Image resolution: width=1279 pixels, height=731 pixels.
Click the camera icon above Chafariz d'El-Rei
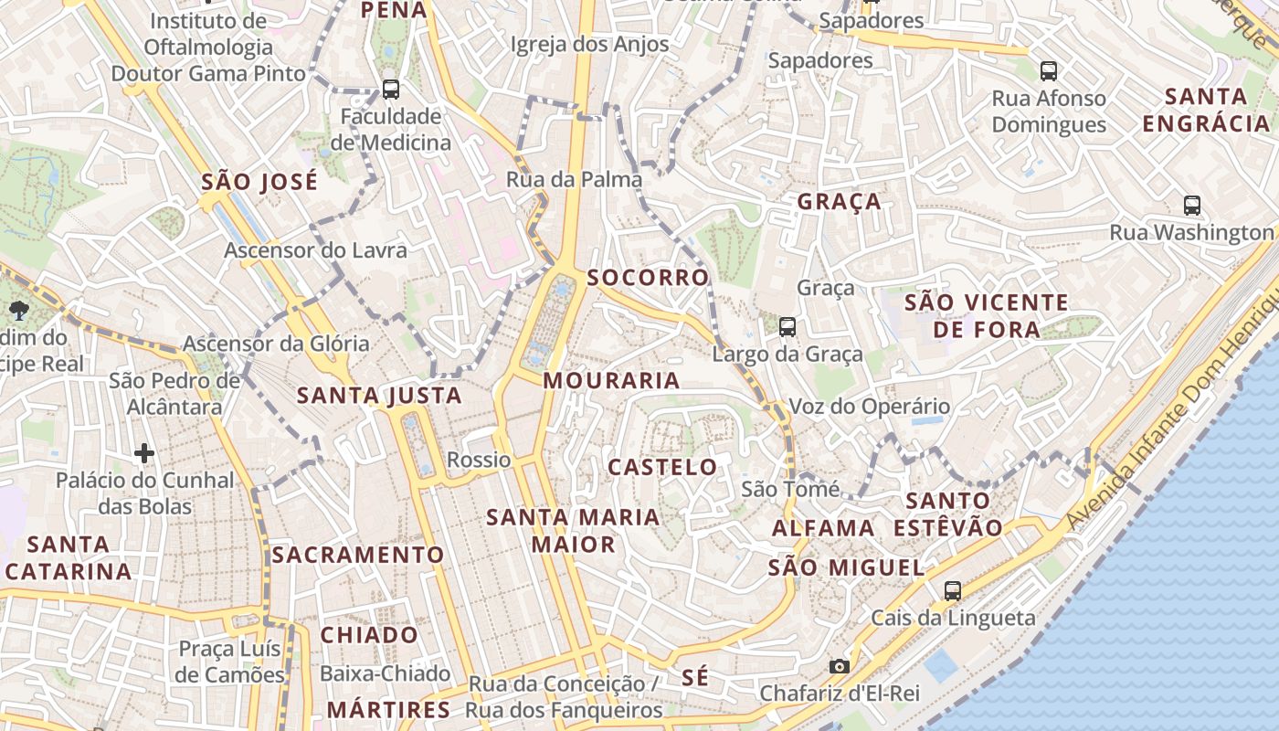(x=840, y=666)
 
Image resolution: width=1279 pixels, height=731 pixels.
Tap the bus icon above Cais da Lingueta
(x=953, y=590)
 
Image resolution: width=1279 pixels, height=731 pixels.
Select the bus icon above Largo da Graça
(x=787, y=326)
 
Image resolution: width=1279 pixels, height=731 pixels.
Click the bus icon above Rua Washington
(x=1191, y=205)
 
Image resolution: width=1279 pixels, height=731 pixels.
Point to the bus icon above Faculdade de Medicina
(x=391, y=89)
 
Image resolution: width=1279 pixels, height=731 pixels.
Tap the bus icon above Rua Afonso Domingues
(x=1049, y=70)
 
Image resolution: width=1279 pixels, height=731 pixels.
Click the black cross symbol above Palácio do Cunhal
(x=143, y=452)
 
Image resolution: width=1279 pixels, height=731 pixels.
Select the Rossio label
(x=479, y=460)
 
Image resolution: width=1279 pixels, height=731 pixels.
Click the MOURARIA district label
(x=611, y=381)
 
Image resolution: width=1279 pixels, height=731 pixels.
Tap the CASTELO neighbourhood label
(x=663, y=468)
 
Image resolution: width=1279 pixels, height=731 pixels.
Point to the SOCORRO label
(x=648, y=278)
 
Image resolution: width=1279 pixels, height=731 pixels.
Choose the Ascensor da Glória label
(x=276, y=344)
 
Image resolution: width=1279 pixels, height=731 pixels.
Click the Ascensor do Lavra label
(x=316, y=249)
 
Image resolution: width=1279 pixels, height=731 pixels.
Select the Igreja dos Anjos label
(x=589, y=44)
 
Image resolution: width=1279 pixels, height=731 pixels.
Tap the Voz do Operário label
(x=869, y=406)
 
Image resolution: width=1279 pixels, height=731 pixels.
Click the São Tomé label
(x=790, y=490)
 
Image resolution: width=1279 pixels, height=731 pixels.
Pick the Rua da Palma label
(x=574, y=179)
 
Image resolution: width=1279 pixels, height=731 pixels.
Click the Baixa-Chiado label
(x=385, y=673)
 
